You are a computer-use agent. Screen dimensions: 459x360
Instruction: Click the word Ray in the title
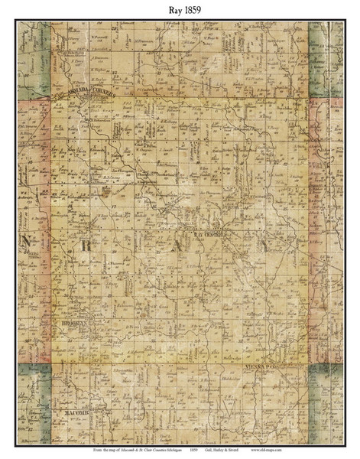[x=171, y=8]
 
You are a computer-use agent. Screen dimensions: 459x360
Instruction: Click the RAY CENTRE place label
[x=212, y=236]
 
